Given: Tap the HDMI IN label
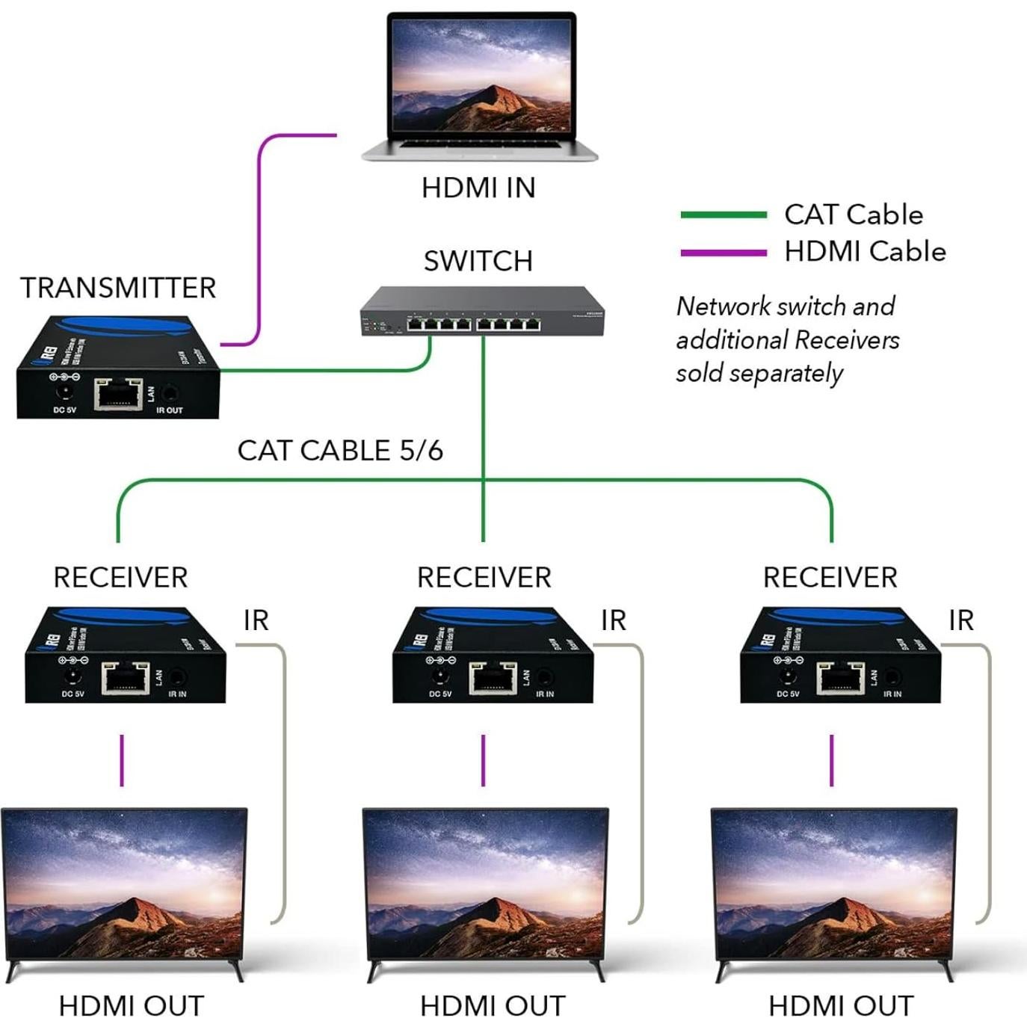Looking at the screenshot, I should tap(478, 188).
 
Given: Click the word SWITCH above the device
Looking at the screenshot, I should tap(478, 261).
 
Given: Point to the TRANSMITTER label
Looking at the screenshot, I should tap(118, 288).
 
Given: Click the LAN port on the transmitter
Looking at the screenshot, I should tap(118, 394).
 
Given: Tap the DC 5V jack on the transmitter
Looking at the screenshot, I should tap(64, 393).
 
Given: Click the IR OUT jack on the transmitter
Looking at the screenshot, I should tap(171, 392).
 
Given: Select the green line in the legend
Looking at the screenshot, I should tap(723, 215).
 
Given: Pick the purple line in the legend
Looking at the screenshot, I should tap(723, 253).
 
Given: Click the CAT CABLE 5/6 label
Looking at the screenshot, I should tap(340, 451).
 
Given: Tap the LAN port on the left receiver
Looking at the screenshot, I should tap(125, 678).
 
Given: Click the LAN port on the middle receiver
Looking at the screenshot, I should tap(493, 678).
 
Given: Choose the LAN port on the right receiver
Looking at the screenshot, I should tap(840, 678).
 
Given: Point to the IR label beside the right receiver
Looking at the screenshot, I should tap(961, 620).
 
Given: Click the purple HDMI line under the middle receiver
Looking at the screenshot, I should tap(483, 760).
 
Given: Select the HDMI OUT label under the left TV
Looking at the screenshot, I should tap(132, 1006).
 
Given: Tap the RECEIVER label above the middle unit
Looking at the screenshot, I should tap(484, 578).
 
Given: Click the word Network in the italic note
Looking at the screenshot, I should tap(723, 306).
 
